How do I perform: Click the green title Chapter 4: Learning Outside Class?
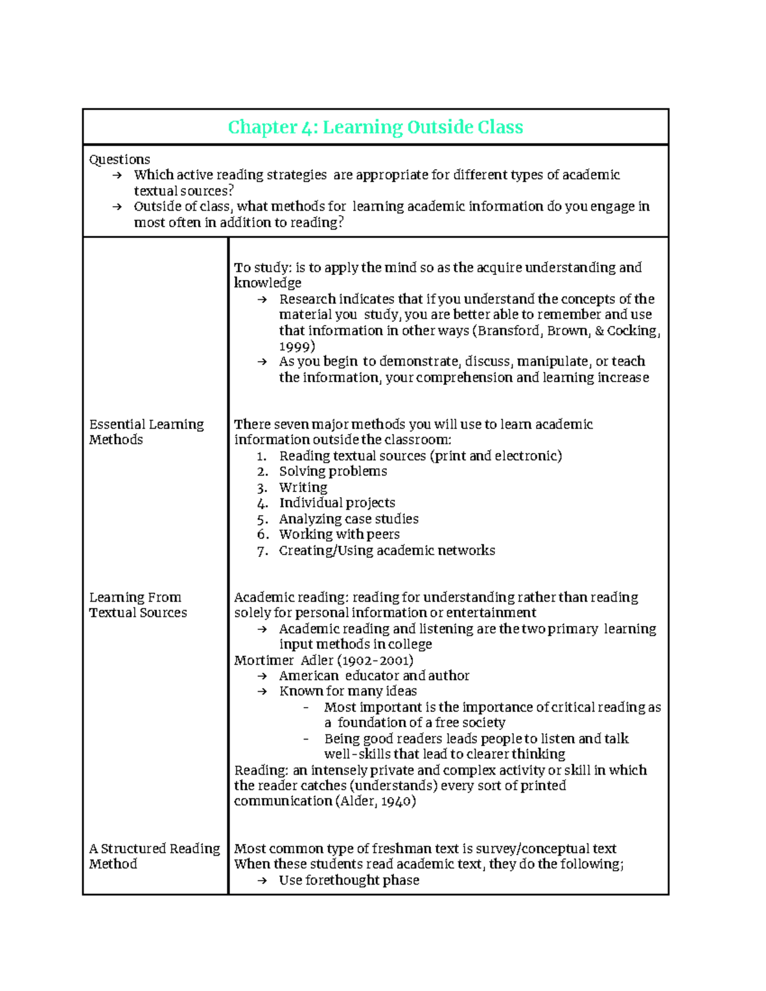pyautogui.click(x=375, y=127)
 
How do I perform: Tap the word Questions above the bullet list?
pyautogui.click(x=119, y=160)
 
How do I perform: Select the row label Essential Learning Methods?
pyautogui.click(x=146, y=432)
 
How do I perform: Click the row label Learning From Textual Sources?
pyautogui.click(x=138, y=605)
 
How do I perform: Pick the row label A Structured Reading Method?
pyautogui.click(x=154, y=856)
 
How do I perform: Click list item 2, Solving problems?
pyautogui.click(x=333, y=472)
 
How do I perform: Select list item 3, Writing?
pyautogui.click(x=303, y=488)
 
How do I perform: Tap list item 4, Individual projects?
pyautogui.click(x=337, y=503)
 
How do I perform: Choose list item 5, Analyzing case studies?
pyautogui.click(x=349, y=519)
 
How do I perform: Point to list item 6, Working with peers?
pyautogui.click(x=339, y=534)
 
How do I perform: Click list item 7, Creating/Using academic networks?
pyautogui.click(x=387, y=550)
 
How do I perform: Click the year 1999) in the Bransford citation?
pyautogui.click(x=297, y=346)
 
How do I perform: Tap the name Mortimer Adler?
pyautogui.click(x=283, y=660)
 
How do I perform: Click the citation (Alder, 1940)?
pyautogui.click(x=375, y=801)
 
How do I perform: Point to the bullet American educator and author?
pyautogui.click(x=374, y=676)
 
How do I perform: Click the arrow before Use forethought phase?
pyautogui.click(x=261, y=881)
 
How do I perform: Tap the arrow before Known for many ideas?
pyautogui.click(x=261, y=692)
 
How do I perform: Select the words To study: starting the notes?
pyautogui.click(x=262, y=268)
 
